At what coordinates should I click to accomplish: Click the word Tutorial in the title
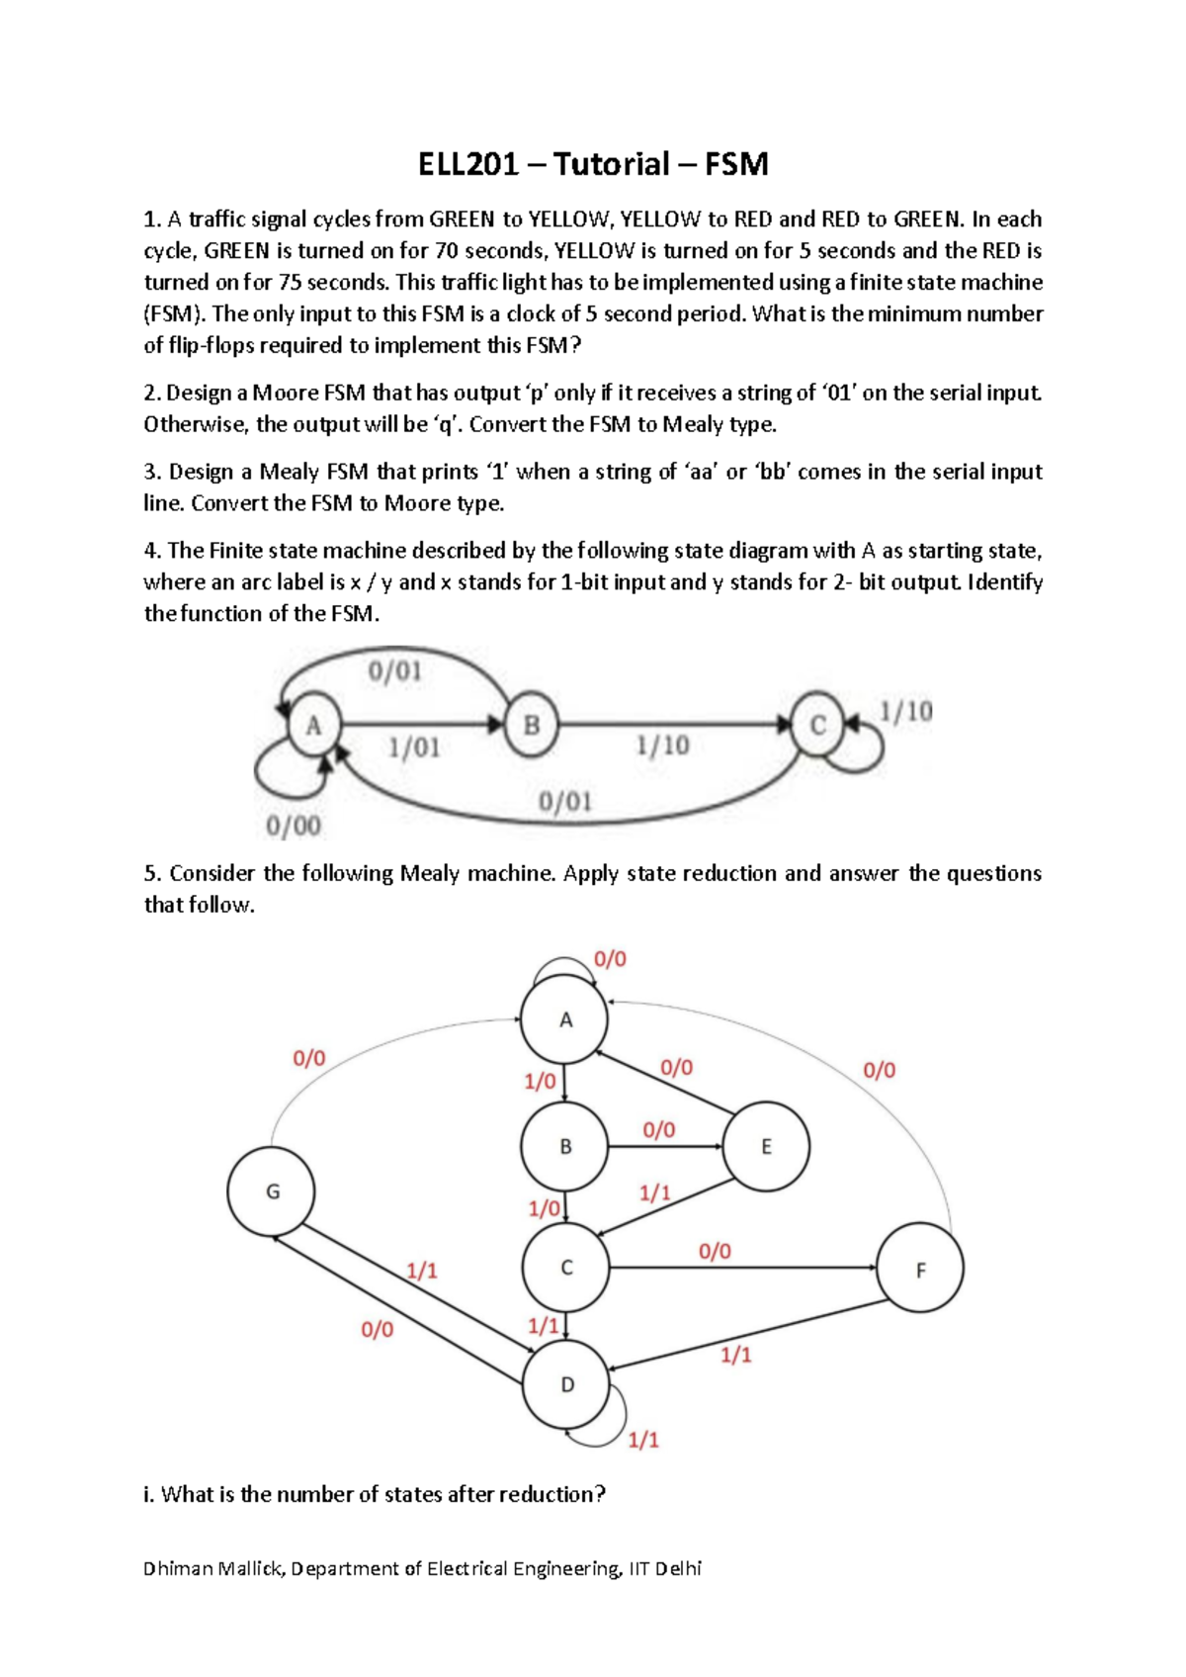(612, 164)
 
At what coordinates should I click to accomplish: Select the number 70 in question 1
(448, 251)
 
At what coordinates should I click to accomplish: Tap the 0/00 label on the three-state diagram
(294, 826)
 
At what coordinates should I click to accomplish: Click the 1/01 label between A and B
(414, 748)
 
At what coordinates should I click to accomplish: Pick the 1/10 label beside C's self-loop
(905, 712)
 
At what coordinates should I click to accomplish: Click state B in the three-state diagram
(532, 725)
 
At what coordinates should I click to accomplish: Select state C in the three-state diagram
(817, 725)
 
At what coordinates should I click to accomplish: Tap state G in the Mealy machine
(272, 1192)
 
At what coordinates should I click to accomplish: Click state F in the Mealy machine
(920, 1270)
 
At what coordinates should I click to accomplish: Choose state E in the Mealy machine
(766, 1147)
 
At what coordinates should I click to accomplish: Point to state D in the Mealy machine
(566, 1385)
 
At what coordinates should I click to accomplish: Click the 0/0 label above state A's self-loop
(610, 959)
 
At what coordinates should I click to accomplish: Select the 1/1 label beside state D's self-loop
(643, 1440)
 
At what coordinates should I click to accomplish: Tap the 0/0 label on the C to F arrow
(715, 1252)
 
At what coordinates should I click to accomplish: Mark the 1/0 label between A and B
(541, 1082)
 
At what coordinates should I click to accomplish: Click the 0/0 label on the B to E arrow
(659, 1130)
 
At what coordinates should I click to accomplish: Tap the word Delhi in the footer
(678, 1568)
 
